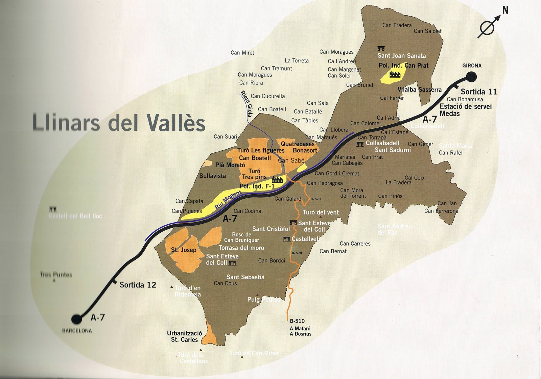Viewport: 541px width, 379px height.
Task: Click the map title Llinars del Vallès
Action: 119,122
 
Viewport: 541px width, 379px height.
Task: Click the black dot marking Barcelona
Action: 77,319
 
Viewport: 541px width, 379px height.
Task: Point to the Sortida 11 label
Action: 478,92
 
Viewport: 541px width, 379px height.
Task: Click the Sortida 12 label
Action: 138,285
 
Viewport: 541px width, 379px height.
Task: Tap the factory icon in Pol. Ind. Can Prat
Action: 395,74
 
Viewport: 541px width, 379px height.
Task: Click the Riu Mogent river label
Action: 228,199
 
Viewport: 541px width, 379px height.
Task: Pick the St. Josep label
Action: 184,250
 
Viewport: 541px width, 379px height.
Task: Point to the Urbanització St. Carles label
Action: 184,336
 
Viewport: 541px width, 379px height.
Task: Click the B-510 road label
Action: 297,321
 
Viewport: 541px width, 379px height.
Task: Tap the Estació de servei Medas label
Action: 465,110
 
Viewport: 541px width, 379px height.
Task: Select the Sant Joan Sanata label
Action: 401,56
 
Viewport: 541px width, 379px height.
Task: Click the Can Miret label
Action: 242,53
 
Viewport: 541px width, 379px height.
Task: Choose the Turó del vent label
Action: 320,212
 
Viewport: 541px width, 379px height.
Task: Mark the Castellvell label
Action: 305,239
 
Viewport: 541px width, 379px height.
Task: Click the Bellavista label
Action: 212,176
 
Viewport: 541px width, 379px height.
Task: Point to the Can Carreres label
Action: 355,244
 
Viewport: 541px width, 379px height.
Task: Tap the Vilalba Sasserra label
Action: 419,90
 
